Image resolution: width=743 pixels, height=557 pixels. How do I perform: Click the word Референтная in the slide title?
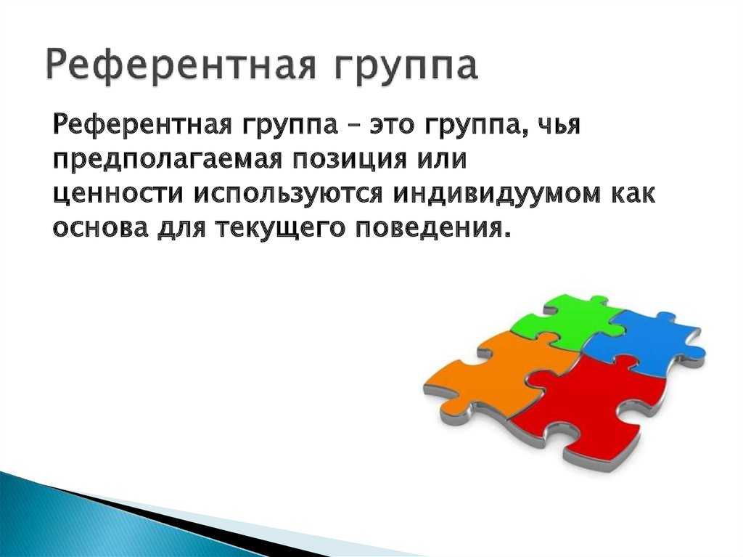pos(181,65)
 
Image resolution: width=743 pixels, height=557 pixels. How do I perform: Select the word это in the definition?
pos(394,126)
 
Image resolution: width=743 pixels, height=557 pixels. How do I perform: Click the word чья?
pos(560,126)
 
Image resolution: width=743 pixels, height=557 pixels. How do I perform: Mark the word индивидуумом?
pos(493,195)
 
